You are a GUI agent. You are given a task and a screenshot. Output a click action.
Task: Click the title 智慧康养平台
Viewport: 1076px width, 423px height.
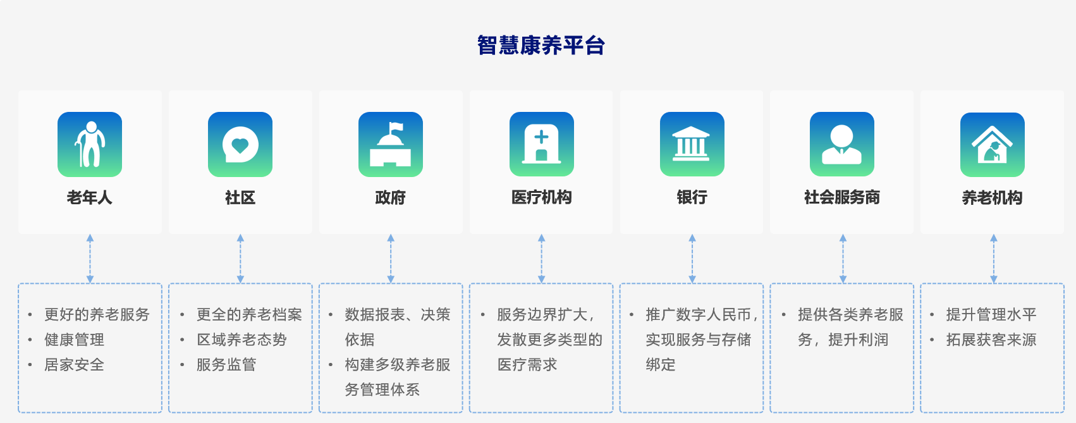[541, 46]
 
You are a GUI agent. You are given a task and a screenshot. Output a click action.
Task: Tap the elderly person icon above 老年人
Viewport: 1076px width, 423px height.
[90, 144]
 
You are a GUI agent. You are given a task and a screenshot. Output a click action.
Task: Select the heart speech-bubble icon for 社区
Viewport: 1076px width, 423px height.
[240, 144]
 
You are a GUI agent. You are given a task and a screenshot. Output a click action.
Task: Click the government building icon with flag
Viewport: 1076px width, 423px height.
[391, 144]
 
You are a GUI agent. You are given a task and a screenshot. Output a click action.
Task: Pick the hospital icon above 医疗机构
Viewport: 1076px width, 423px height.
[542, 144]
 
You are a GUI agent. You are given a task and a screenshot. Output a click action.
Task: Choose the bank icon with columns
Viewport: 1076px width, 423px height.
[692, 144]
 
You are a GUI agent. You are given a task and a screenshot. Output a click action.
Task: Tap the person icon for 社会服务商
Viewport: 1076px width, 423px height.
[842, 144]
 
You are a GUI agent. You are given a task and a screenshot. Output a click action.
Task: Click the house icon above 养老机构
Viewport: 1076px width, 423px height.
[993, 144]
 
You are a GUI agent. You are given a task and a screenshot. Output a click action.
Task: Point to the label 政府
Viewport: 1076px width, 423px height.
[390, 198]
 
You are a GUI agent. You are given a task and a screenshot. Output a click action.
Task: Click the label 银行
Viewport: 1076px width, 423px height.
[692, 198]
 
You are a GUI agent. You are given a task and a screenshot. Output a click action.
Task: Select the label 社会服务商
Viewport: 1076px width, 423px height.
[842, 198]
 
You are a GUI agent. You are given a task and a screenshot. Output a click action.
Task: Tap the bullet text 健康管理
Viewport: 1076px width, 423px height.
[74, 340]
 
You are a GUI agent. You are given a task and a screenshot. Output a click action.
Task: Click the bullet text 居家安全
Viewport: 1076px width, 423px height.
[74, 365]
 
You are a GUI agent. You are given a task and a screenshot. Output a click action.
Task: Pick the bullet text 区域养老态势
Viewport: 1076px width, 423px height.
[241, 340]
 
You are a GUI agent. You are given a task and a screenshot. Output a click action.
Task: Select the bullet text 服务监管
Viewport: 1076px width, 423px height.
[226, 365]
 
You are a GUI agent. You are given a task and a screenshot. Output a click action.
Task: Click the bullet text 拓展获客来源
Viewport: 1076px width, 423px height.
[991, 340]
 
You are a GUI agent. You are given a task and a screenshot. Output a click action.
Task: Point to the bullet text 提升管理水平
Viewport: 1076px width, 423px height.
[991, 314]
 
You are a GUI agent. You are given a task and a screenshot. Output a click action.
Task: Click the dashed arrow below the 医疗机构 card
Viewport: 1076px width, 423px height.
[542, 259]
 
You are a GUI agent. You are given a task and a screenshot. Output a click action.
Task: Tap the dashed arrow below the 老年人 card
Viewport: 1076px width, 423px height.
[90, 259]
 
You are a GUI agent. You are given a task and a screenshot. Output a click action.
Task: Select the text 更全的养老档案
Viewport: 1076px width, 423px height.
[249, 314]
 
